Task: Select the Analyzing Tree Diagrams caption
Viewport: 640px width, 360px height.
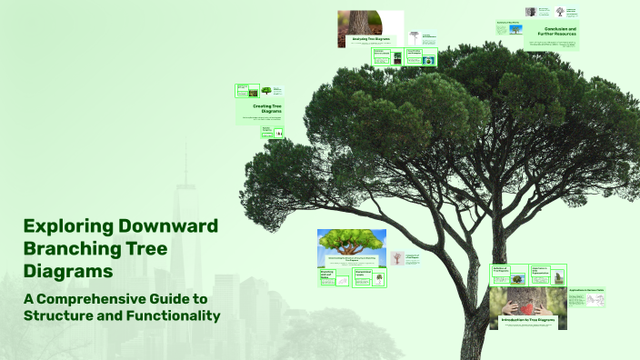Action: pos(371,39)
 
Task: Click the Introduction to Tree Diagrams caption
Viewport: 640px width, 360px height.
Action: pos(527,319)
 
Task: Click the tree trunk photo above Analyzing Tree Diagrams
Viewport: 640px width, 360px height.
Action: pos(371,22)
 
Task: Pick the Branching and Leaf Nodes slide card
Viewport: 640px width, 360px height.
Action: pos(333,278)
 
